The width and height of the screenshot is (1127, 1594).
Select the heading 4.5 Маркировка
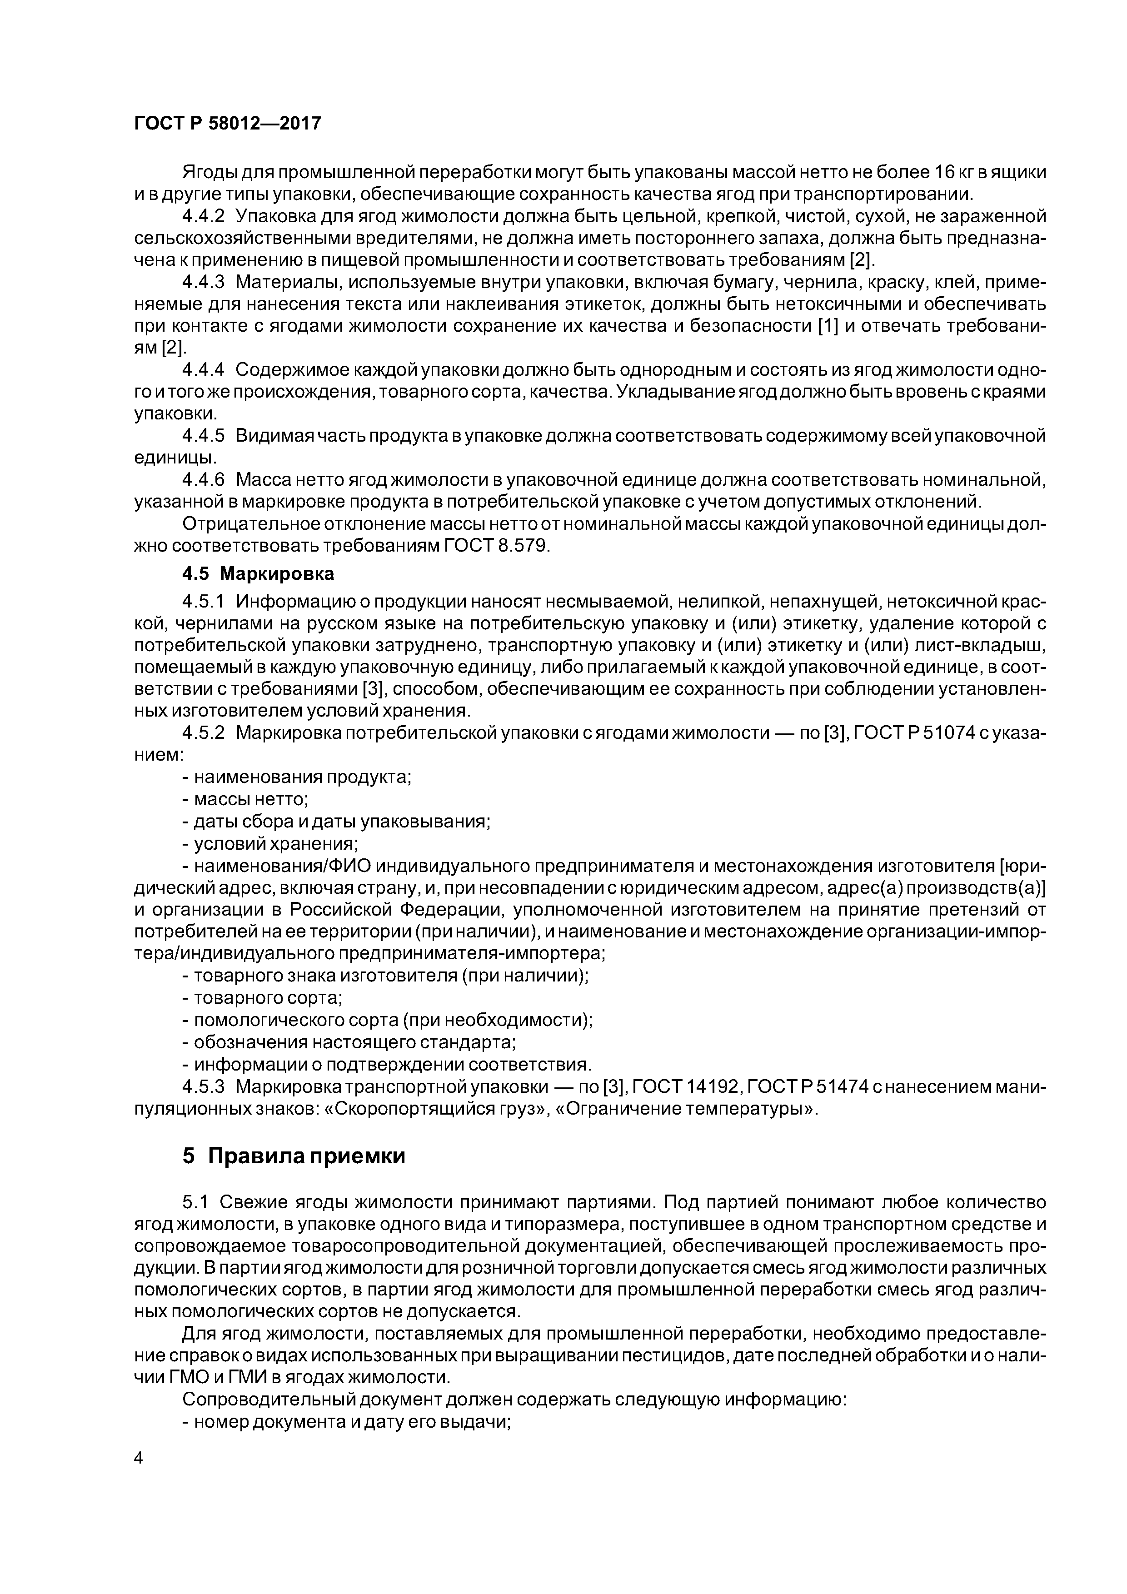coord(258,573)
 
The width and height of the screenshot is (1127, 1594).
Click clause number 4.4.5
coord(204,436)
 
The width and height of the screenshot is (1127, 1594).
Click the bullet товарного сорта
coord(263,998)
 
